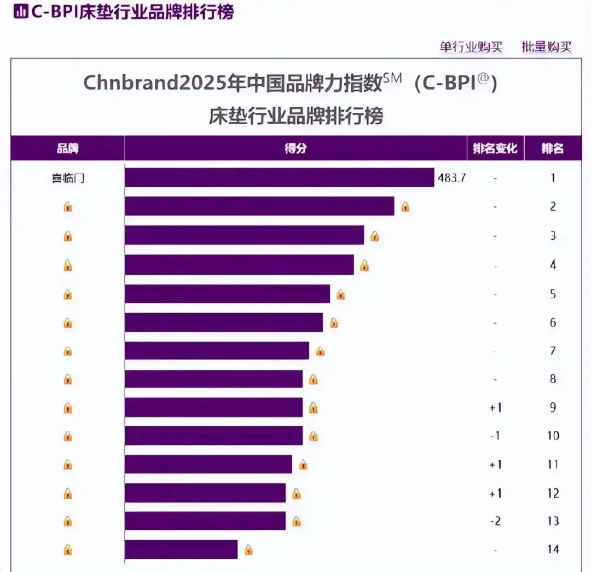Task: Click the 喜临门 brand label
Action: [68, 178]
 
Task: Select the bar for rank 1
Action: [279, 177]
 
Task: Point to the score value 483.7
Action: [451, 178]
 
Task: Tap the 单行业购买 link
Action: [471, 47]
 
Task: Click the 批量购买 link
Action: [546, 47]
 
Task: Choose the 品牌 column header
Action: [68, 148]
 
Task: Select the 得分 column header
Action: [296, 148]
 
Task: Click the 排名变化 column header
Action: [495, 148]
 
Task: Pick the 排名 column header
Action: [553, 148]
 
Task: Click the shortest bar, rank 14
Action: [181, 549]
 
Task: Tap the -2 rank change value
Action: [495, 521]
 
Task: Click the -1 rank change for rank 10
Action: [495, 436]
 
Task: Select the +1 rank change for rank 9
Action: [495, 408]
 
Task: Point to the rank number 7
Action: [553, 351]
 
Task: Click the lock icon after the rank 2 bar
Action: [405, 207]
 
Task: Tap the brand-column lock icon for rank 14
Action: [68, 549]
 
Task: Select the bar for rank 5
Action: [227, 293]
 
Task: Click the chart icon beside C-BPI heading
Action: [20, 12]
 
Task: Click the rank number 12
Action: [553, 493]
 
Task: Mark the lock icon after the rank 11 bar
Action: [303, 465]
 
